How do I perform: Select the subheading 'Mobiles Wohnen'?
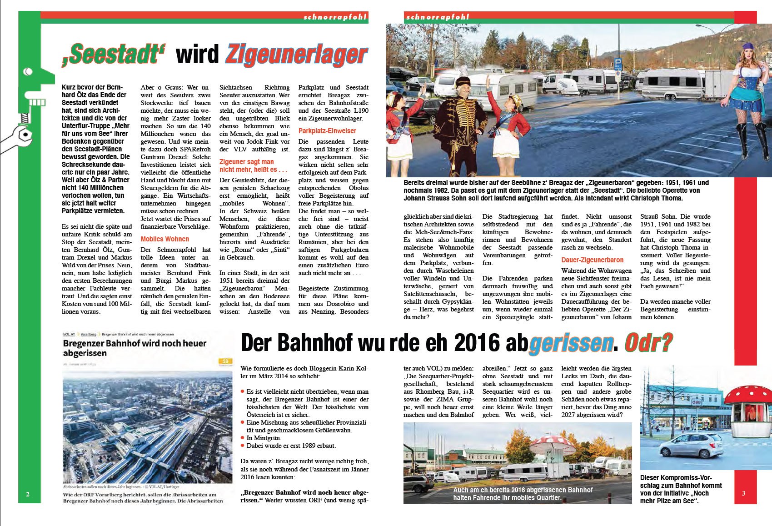click(x=164, y=239)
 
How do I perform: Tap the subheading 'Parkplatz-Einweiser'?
click(x=327, y=130)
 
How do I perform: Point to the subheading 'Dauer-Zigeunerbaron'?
click(x=592, y=260)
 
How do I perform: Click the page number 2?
click(x=28, y=494)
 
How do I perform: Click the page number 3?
click(x=743, y=493)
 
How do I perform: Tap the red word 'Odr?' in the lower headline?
click(x=648, y=343)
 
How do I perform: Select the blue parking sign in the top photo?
click(x=618, y=63)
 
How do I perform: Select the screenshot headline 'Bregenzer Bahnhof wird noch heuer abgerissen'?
click(x=134, y=348)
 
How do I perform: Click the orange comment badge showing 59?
click(x=225, y=361)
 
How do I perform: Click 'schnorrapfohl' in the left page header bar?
click(x=335, y=17)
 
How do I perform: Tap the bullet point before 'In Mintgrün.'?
click(x=243, y=438)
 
